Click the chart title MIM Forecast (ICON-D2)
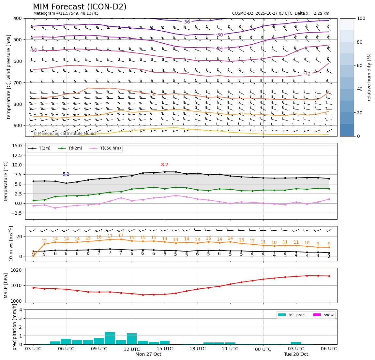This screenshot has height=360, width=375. click(80, 7)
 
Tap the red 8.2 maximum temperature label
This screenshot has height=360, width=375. click(165, 165)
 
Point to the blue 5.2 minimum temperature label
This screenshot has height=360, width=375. click(66, 174)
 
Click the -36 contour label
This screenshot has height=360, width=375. click(187, 22)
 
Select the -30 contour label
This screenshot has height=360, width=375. click(219, 35)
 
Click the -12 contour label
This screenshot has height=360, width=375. click(307, 74)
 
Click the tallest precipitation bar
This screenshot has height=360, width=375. click(110, 338)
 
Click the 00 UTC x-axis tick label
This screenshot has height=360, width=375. click(263, 349)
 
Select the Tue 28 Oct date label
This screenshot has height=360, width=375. click(296, 354)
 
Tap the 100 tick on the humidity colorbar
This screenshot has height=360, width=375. click(362, 18)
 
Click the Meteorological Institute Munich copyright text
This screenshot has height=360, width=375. click(65, 134)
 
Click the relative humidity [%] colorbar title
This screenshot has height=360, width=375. click(369, 77)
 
